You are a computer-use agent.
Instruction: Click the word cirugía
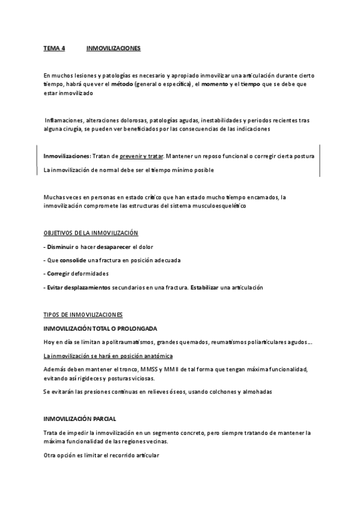82,129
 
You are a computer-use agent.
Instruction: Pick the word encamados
264,197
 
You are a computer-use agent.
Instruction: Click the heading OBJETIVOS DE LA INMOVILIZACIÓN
91,233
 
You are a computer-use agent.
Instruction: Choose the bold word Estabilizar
204,287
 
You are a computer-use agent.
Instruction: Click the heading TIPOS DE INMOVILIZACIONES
83,315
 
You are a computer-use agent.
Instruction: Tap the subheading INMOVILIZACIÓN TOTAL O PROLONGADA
100,328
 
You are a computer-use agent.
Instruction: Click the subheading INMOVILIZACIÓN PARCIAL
80,419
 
